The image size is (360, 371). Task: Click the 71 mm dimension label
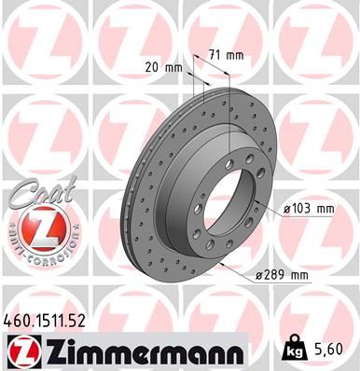(x=228, y=55)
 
